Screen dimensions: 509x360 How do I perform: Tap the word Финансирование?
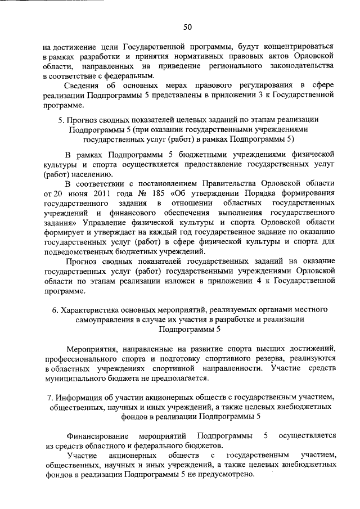95,436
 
